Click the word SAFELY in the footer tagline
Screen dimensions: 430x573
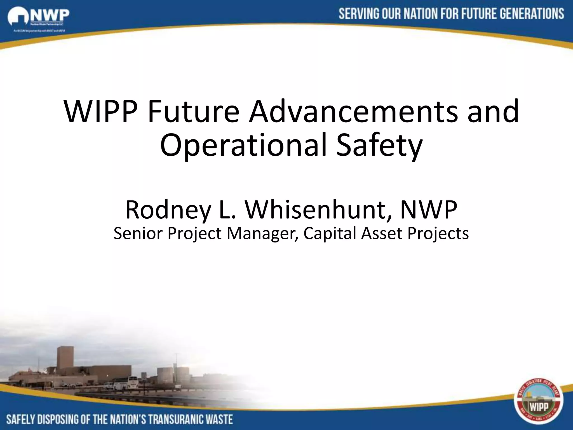click(x=21, y=419)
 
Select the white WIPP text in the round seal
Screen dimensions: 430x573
click(x=539, y=407)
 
